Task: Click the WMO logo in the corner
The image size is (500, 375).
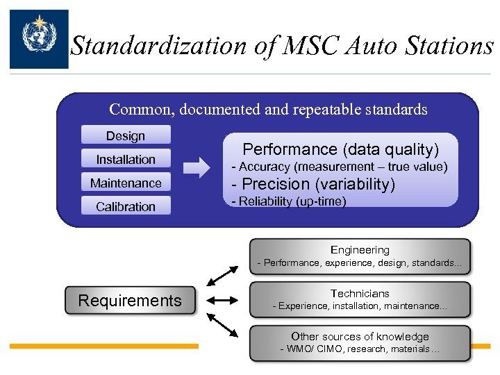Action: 39,39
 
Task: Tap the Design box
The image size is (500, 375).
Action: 126,136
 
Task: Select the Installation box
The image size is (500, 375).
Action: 126,160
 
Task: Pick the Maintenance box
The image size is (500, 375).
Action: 126,183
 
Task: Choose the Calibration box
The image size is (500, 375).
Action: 126,207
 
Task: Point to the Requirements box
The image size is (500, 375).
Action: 130,301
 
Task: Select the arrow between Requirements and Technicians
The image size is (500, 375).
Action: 223,301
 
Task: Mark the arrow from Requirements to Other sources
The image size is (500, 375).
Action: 222,325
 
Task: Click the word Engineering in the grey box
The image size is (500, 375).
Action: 360,250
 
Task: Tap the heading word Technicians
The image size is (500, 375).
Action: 360,294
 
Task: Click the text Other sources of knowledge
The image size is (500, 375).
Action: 360,337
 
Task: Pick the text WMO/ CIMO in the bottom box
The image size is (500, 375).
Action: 312,349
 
